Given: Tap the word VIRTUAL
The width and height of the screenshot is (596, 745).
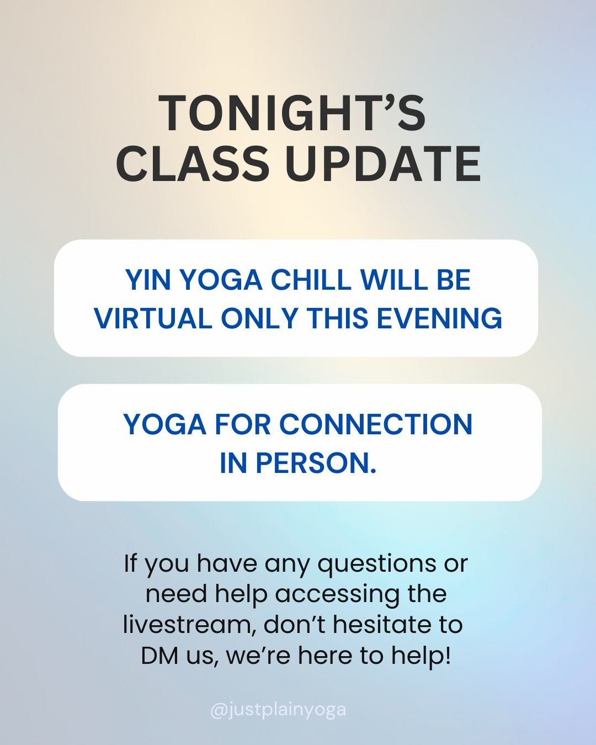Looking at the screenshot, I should pos(153,318).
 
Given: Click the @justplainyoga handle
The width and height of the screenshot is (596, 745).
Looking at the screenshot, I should pos(278,709).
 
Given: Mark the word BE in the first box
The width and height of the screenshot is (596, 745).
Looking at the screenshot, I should pos(454,280).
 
